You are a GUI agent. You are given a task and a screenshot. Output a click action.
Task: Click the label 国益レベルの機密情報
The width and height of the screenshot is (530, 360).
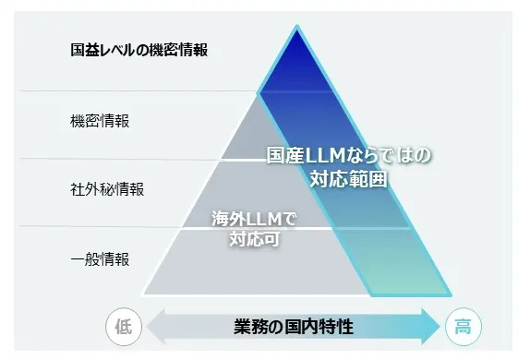(x=139, y=50)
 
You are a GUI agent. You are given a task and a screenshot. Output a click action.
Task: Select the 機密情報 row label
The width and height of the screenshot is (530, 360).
(x=100, y=121)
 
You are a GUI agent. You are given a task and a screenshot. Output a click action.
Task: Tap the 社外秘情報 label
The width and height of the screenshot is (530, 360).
(x=107, y=189)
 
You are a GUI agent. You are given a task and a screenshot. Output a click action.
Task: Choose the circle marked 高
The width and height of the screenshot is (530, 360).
(x=464, y=326)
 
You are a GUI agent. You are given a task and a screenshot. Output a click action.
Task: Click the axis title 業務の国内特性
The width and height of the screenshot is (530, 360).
(x=294, y=326)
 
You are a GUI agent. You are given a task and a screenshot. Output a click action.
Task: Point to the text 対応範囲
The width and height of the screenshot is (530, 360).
(x=349, y=175)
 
